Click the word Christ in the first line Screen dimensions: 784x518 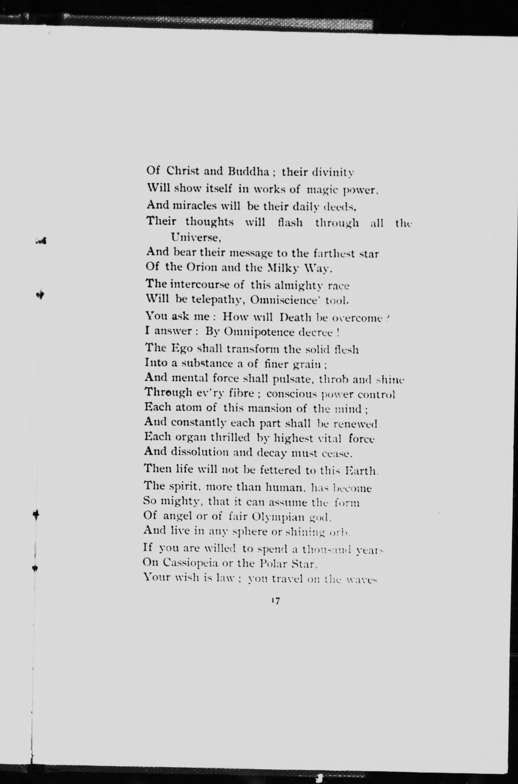(183, 171)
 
